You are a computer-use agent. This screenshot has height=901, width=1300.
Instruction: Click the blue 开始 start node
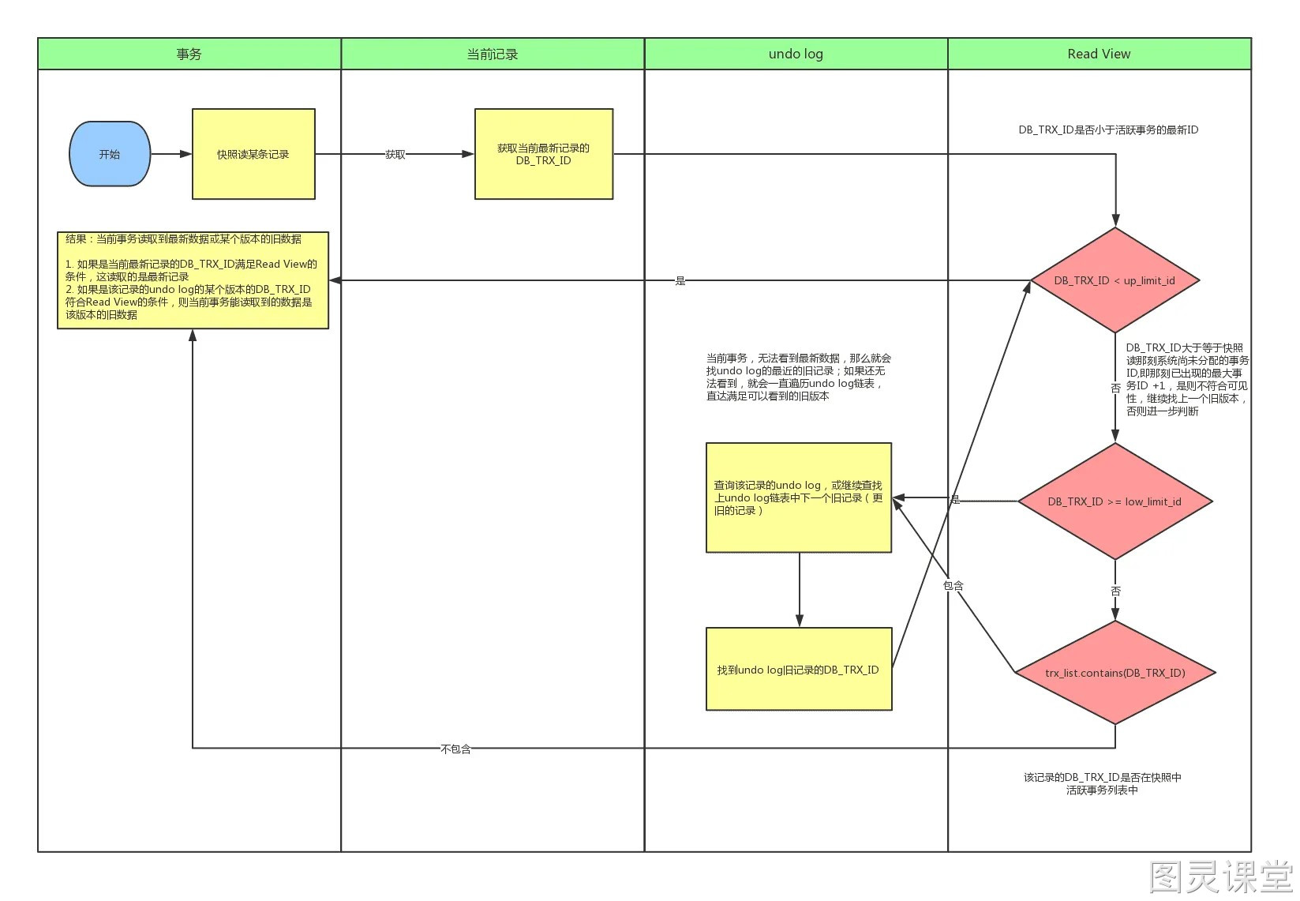coord(110,154)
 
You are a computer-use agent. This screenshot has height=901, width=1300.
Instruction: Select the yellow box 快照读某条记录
coord(253,154)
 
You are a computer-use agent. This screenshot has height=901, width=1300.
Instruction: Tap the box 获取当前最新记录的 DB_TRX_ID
coord(544,154)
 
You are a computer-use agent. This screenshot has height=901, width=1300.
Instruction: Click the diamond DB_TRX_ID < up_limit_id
coord(1115,280)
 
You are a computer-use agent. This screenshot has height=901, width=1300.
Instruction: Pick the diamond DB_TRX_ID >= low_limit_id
coord(1115,501)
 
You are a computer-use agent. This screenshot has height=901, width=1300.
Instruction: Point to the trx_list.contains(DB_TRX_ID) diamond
coord(1115,672)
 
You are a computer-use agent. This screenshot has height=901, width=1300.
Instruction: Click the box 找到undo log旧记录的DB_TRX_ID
coord(799,669)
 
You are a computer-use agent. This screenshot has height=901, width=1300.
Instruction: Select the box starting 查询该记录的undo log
coord(799,497)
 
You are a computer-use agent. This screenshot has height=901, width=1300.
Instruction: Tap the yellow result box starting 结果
coord(193,280)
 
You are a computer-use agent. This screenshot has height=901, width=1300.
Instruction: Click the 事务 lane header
coord(189,54)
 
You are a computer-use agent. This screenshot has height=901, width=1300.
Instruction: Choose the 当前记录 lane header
coord(493,54)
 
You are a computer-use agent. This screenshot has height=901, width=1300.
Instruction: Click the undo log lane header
coord(796,54)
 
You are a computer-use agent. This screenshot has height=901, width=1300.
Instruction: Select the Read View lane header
coord(1100,54)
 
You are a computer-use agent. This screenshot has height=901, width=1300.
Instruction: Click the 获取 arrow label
coord(395,155)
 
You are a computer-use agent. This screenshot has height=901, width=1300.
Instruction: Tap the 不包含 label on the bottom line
coord(455,749)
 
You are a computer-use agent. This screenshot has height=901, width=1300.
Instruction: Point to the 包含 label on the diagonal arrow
coord(953,586)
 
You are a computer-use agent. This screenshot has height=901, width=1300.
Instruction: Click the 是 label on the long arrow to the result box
coord(680,281)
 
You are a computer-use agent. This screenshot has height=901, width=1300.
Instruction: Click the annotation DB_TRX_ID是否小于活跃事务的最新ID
coord(1108,130)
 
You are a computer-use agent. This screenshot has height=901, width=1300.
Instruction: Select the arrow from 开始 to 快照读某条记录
coord(171,154)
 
